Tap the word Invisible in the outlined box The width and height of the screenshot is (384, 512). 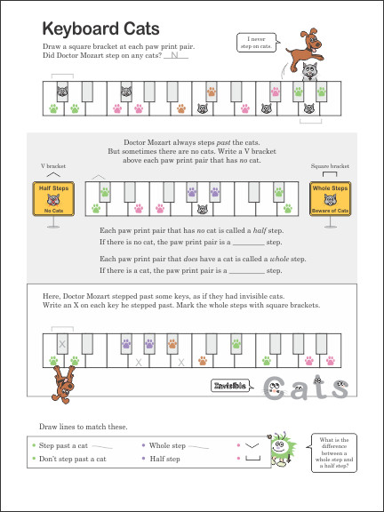coord(232,385)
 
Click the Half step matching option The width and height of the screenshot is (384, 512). coord(164,459)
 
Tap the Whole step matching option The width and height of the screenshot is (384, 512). coord(167,444)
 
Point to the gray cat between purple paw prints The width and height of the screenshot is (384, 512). coord(204,211)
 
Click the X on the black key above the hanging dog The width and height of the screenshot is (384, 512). coord(62,344)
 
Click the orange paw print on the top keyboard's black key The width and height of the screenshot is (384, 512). coord(212,91)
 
